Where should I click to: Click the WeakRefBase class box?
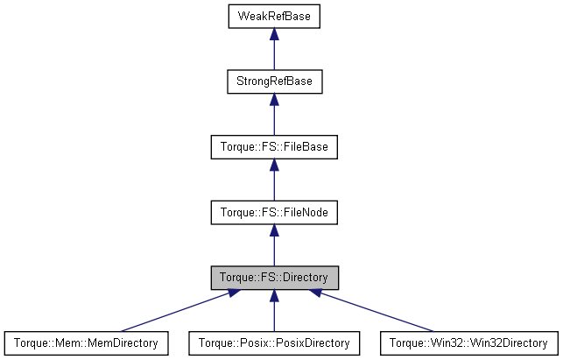pos(274,17)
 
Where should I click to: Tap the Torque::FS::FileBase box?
pos(274,146)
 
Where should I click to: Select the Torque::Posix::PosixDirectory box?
pos(274,342)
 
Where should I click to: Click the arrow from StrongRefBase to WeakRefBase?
pos(274,53)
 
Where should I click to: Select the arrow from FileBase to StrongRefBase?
pos(274,117)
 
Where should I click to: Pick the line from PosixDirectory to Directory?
pos(274,314)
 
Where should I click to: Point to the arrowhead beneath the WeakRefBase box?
pos(274,34)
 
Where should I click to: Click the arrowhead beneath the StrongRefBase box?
pos(274,99)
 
